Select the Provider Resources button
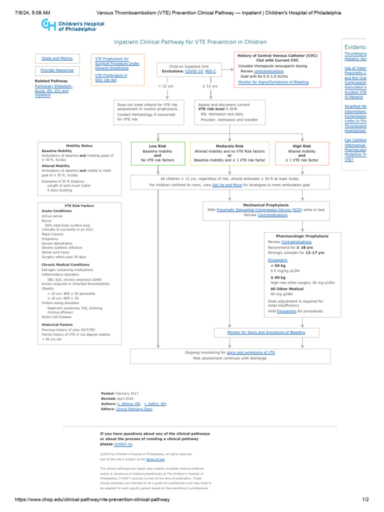pos(57,70)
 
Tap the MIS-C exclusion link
pos(210,71)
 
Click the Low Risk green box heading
pos(157,146)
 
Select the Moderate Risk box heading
pos(229,146)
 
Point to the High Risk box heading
pos(301,146)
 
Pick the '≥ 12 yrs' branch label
pos(210,86)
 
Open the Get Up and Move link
pos(227,185)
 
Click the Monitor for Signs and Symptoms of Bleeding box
pos(265,332)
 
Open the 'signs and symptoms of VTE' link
pos(250,352)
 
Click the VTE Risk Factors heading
pos(79,205)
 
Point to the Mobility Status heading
pos(79,145)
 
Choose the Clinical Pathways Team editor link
pos(134,409)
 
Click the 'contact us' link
pos(123,444)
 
